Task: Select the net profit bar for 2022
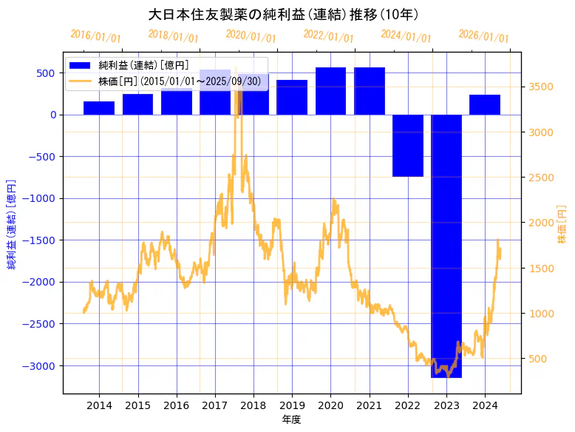(407, 146)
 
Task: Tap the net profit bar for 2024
(484, 105)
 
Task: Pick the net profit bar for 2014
(99, 108)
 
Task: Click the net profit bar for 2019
(292, 97)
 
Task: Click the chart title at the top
(284, 15)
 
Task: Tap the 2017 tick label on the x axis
(214, 405)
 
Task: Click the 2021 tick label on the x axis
(369, 405)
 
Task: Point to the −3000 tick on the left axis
(43, 365)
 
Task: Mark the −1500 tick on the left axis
(43, 240)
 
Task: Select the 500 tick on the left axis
(47, 72)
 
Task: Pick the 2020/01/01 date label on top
(251, 36)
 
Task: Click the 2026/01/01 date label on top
(483, 36)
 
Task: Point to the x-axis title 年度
(291, 419)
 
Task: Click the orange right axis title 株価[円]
(562, 226)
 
